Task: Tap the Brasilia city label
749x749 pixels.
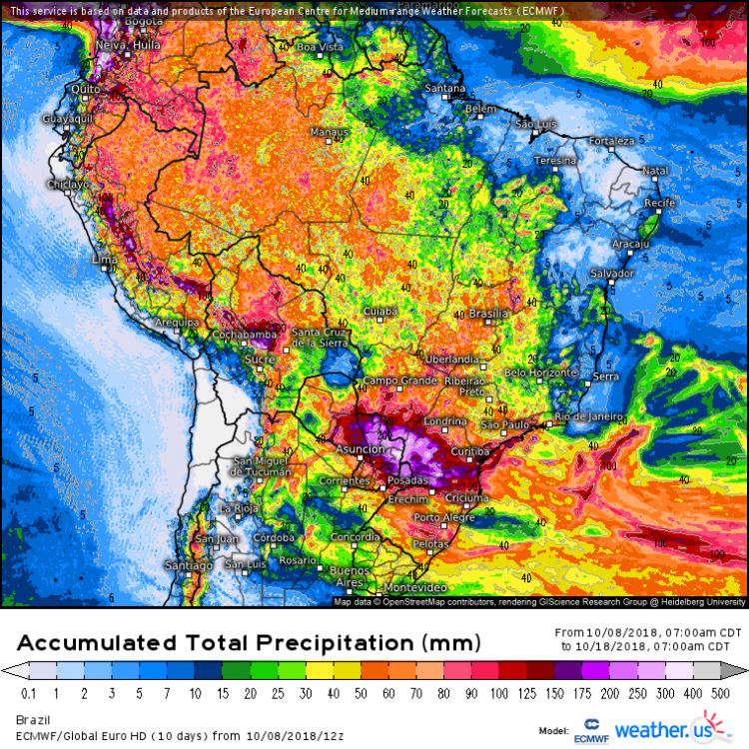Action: click(488, 314)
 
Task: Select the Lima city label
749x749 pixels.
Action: click(105, 259)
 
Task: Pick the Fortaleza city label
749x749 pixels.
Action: click(611, 141)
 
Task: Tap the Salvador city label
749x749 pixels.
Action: click(613, 273)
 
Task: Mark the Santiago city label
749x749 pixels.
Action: click(190, 566)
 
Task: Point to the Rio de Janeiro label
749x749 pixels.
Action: click(589, 415)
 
